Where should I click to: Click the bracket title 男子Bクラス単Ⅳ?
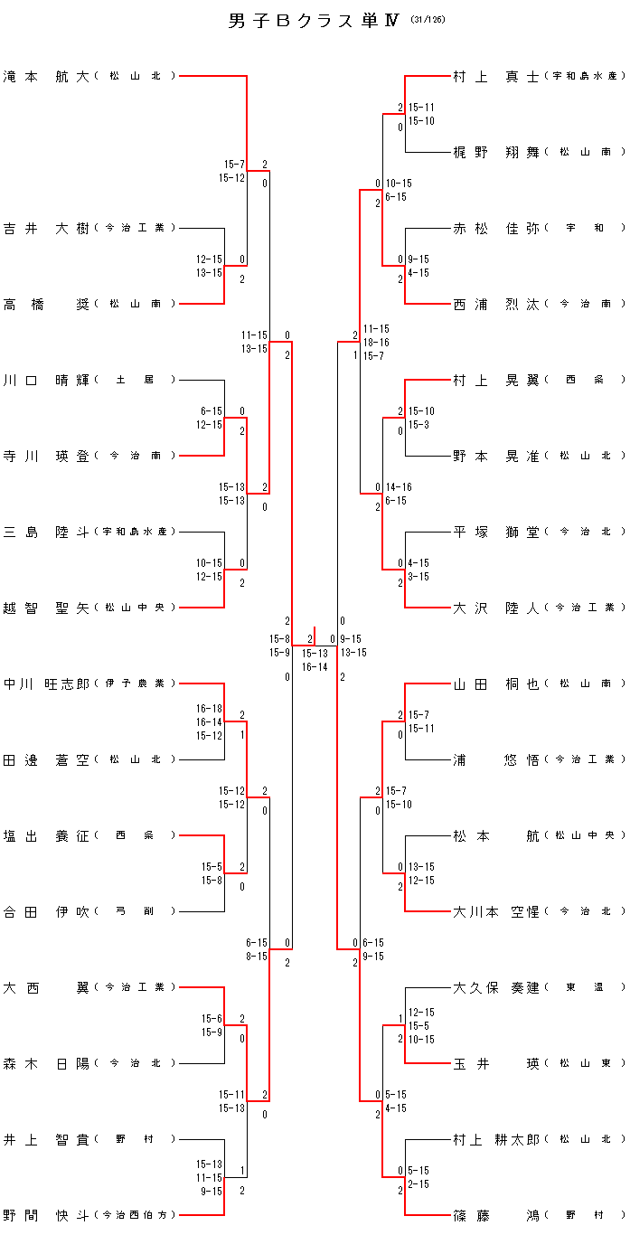pyautogui.click(x=314, y=22)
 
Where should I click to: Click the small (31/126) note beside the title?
pyautogui.click(x=428, y=19)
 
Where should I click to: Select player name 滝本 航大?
pyautogui.click(x=46, y=77)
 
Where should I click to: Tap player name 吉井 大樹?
pyautogui.click(x=46, y=229)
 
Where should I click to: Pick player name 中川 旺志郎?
pyautogui.click(x=46, y=684)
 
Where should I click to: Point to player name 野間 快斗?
pyautogui.click(x=46, y=1216)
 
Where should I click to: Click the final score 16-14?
pyautogui.click(x=315, y=666)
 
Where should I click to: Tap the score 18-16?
pyautogui.click(x=376, y=343)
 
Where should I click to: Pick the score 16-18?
pyautogui.click(x=209, y=709)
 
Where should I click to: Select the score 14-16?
pyautogui.click(x=398, y=487)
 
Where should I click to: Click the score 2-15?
pyautogui.click(x=418, y=1184)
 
